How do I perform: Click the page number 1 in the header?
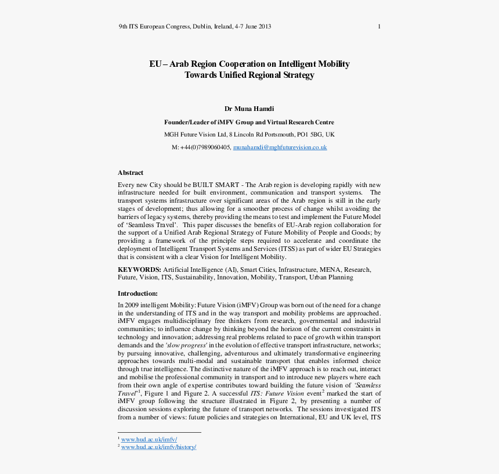click(379, 26)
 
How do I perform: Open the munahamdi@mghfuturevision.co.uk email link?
click(280, 148)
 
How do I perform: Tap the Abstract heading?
click(131, 173)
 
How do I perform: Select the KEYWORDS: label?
click(139, 270)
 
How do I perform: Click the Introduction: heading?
click(138, 293)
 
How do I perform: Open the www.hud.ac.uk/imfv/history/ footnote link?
click(158, 447)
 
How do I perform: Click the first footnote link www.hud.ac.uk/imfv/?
click(149, 439)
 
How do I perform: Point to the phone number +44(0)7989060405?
click(205, 148)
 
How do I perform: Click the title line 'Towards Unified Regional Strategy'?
click(249, 75)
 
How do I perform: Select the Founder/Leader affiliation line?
click(249, 122)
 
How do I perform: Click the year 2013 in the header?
click(265, 26)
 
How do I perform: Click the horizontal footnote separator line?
click(159, 432)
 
